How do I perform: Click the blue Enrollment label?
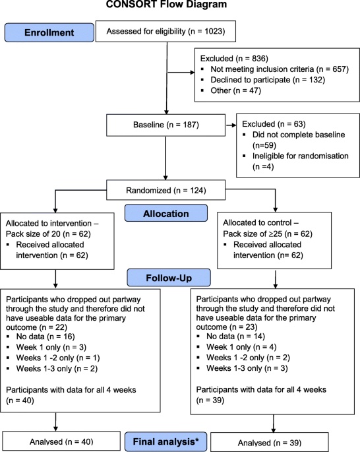pyautogui.click(x=49, y=32)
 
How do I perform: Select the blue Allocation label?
pyautogui.click(x=166, y=213)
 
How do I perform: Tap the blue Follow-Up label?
pyautogui.click(x=169, y=278)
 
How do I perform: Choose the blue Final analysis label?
pyautogui.click(x=165, y=441)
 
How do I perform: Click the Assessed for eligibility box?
pyautogui.click(x=165, y=31)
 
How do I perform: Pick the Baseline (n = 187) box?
pyautogui.click(x=166, y=125)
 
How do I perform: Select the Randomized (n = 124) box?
pyautogui.click(x=166, y=190)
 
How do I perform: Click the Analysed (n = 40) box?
pyautogui.click(x=61, y=441)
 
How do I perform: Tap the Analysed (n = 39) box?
pyautogui.click(x=270, y=442)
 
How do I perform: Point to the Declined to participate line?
pyautogui.click(x=268, y=80)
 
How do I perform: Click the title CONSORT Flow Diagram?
pyautogui.click(x=166, y=4)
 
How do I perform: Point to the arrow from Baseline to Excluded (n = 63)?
pyautogui.click(x=231, y=125)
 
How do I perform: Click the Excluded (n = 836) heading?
pyautogui.click(x=234, y=59)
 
